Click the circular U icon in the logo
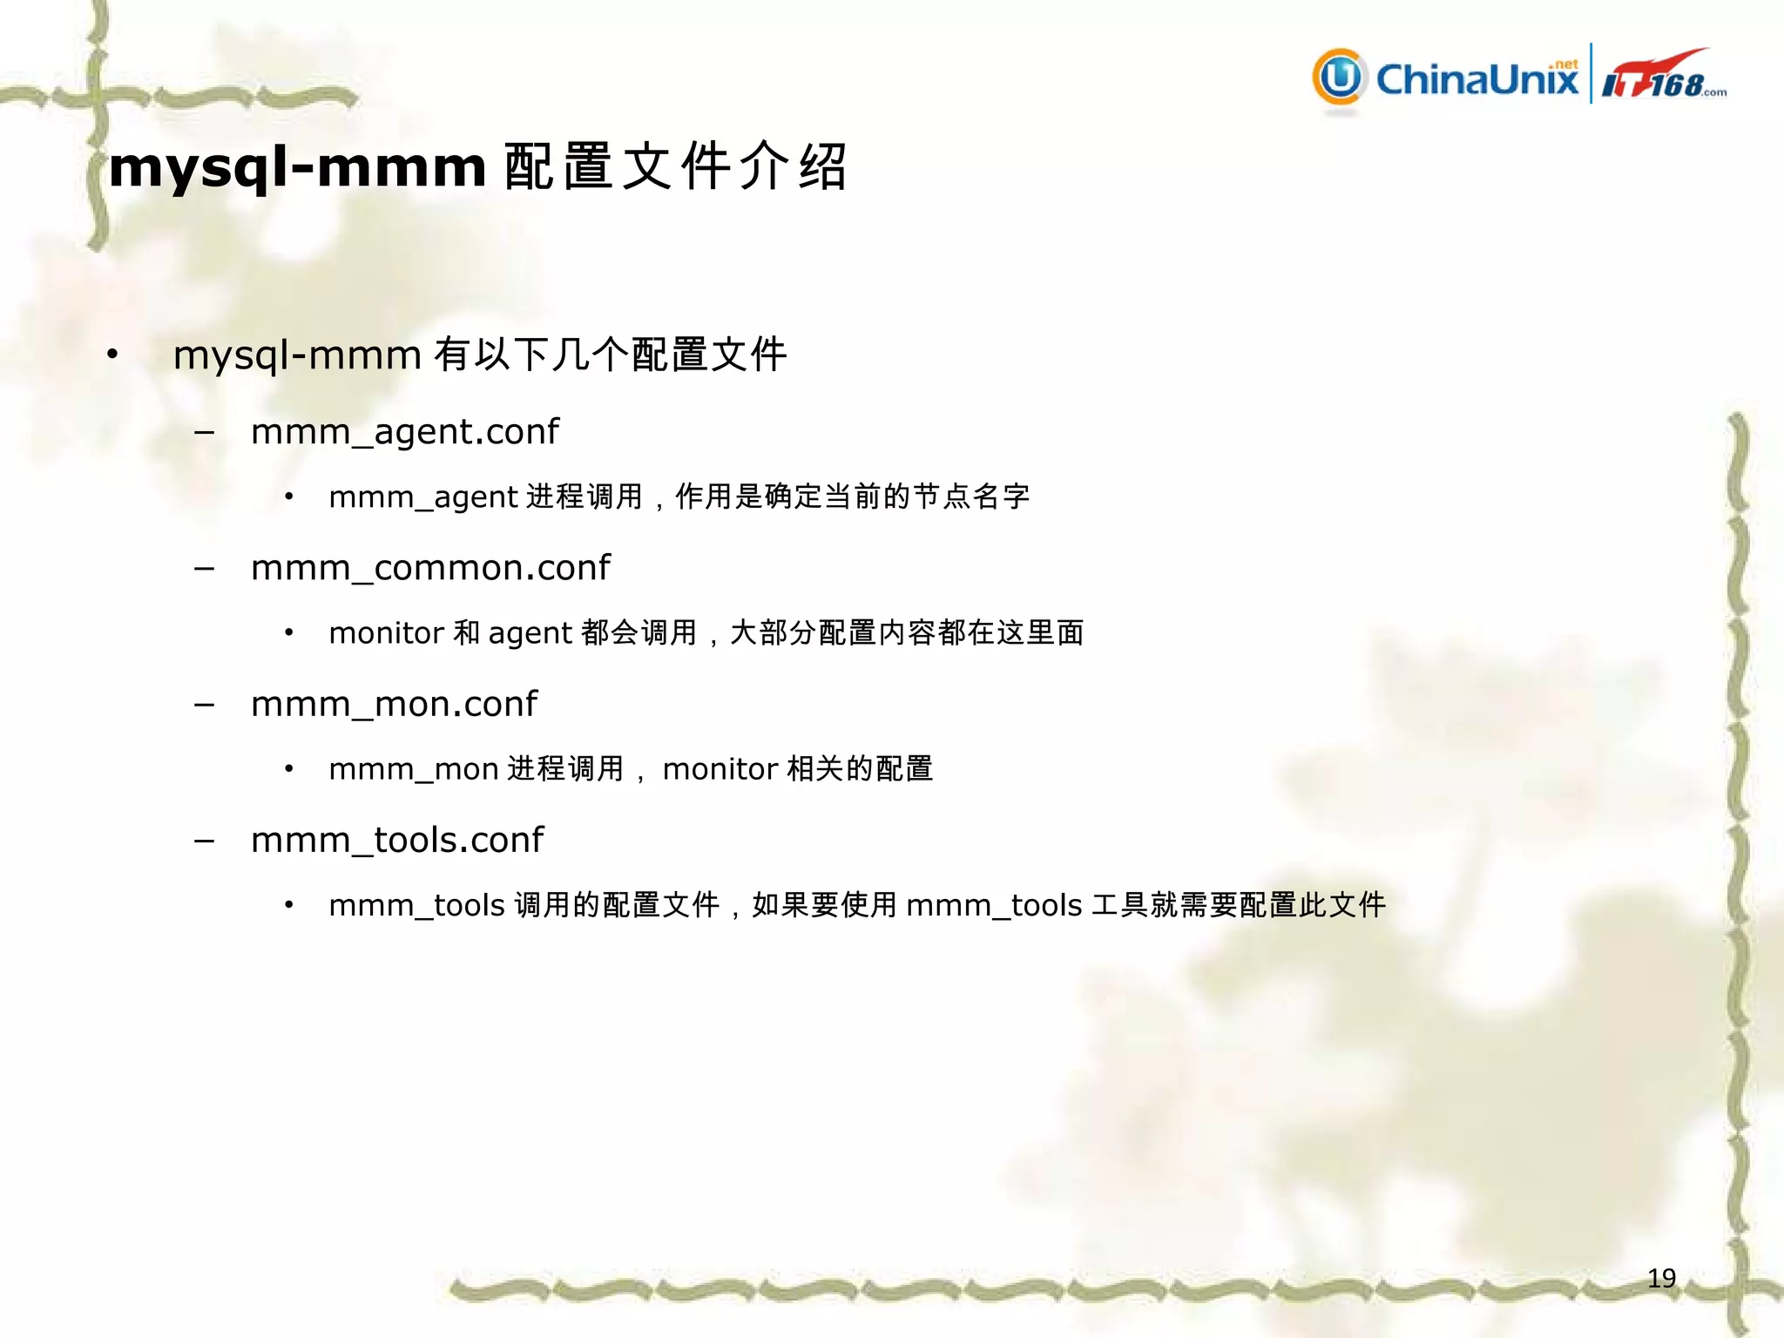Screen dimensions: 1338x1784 click(x=1340, y=78)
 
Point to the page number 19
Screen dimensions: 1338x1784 click(x=1661, y=1278)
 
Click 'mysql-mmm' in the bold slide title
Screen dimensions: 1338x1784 click(x=297, y=166)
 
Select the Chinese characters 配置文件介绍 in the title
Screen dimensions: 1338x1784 click(x=675, y=166)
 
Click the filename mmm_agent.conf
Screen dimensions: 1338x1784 click(x=405, y=432)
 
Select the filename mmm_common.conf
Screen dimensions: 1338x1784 click(x=430, y=568)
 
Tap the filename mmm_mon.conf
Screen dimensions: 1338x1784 click(x=394, y=704)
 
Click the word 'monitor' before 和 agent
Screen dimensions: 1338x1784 click(x=386, y=633)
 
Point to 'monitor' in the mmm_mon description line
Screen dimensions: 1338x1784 click(x=720, y=769)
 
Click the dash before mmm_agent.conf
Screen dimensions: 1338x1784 click(x=205, y=432)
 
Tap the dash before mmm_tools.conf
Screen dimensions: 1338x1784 click(x=205, y=841)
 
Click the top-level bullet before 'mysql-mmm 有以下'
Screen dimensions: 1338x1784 click(x=112, y=354)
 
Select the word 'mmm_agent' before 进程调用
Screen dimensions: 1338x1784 click(x=423, y=497)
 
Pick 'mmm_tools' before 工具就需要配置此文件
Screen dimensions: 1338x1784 click(x=994, y=906)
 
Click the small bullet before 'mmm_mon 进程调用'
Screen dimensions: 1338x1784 click(x=288, y=769)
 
